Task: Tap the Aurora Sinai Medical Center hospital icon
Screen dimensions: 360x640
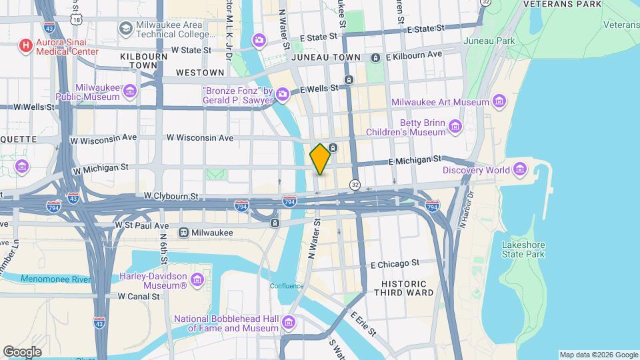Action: tap(25, 45)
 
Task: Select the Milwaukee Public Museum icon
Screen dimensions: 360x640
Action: tap(130, 91)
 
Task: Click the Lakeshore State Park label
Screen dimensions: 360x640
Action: tap(523, 249)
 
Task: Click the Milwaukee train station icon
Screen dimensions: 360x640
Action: tap(183, 233)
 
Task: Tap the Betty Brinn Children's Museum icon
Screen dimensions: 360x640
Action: tap(455, 126)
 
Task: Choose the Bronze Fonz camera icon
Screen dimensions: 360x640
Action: tap(283, 94)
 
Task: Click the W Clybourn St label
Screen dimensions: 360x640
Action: tap(171, 197)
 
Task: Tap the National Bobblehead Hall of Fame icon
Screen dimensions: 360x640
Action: tap(288, 323)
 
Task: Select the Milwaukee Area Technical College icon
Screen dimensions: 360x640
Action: tap(125, 29)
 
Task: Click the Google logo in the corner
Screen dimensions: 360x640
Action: tap(22, 351)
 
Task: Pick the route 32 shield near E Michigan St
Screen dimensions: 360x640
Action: tap(355, 184)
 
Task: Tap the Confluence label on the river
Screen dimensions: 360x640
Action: tap(287, 286)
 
